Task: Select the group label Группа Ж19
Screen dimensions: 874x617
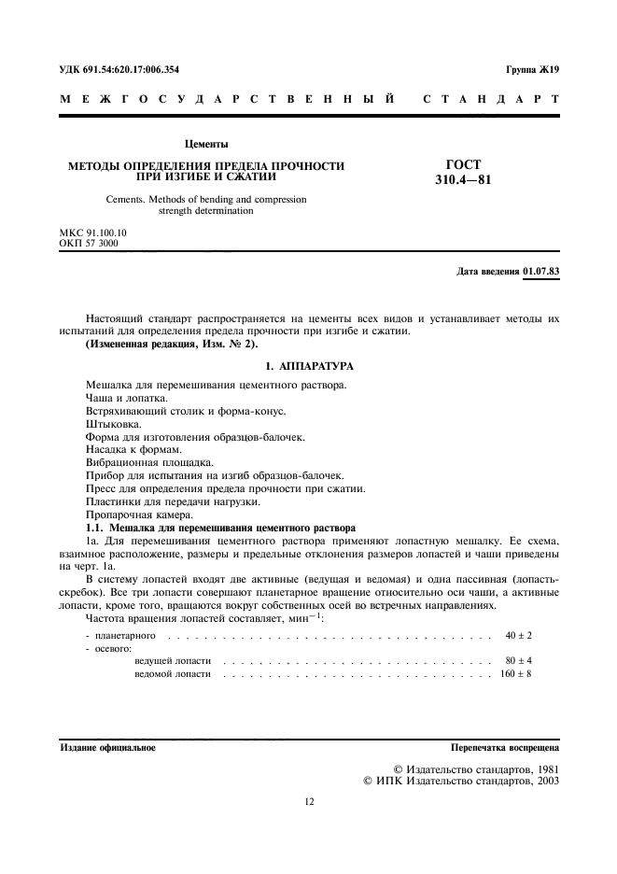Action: click(532, 70)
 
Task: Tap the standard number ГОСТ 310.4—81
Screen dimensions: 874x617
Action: click(464, 172)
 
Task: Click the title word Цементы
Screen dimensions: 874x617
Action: click(206, 145)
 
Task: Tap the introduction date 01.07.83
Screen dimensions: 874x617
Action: click(541, 272)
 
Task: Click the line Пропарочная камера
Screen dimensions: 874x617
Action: click(139, 515)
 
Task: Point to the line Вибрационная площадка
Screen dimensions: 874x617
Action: click(147, 462)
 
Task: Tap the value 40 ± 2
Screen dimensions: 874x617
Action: click(518, 635)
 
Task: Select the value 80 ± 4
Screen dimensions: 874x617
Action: click(518, 660)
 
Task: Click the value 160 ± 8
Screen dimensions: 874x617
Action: click(515, 673)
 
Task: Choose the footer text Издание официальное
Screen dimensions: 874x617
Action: click(107, 748)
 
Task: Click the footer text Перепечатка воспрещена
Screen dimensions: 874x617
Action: click(504, 748)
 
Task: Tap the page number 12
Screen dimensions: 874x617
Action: click(309, 801)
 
